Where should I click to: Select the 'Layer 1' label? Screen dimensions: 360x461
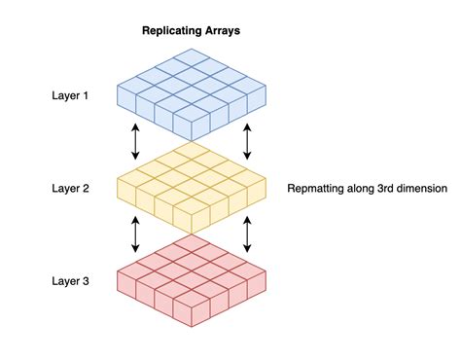pyautogui.click(x=70, y=96)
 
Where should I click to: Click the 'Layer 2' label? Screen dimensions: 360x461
pyautogui.click(x=70, y=188)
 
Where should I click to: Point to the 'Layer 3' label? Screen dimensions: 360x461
pyautogui.click(x=70, y=281)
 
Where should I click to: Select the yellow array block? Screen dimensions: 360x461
pyautogui.click(x=192, y=188)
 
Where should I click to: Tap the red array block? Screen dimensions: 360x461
pyautogui.click(x=192, y=280)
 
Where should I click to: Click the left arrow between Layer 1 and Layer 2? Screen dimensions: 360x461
pyautogui.click(x=135, y=142)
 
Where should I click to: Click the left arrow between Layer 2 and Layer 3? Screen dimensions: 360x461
pyautogui.click(x=135, y=234)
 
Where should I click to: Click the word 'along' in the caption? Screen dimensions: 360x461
pyautogui.click(x=361, y=188)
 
